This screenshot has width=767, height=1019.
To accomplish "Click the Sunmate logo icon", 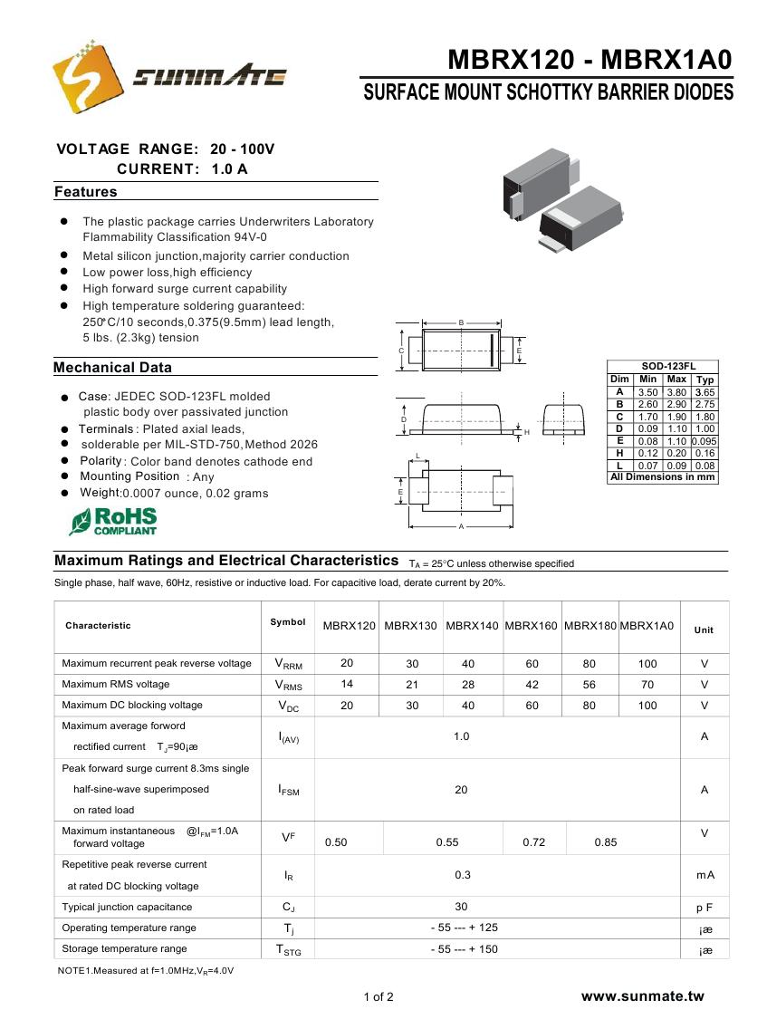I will (87, 75).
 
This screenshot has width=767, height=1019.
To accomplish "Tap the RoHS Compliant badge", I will (114, 521).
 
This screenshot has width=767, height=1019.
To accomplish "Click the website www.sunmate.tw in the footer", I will (642, 996).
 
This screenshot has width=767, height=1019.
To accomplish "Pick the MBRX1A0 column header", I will (647, 626).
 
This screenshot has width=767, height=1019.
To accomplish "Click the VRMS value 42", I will (532, 685).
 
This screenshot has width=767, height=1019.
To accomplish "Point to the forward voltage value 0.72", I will (534, 842).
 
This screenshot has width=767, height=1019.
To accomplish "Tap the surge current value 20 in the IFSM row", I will (461, 790).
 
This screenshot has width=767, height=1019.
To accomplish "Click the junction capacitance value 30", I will (461, 907).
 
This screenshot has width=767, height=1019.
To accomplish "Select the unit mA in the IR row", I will (705, 875).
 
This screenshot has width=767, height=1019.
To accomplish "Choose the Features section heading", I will (86, 192).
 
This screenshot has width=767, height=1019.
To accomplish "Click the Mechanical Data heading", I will (112, 368).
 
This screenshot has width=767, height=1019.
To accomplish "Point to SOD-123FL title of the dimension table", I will (662, 366).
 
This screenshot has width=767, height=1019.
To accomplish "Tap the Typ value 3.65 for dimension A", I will (705, 392).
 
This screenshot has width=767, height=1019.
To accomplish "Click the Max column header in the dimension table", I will (676, 380).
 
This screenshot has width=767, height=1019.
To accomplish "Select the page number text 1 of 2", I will (379, 997).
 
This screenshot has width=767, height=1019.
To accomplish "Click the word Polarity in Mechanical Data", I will (101, 461).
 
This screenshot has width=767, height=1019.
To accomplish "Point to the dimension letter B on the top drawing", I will (461, 322).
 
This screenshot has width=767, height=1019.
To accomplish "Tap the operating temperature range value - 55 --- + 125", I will (464, 928).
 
